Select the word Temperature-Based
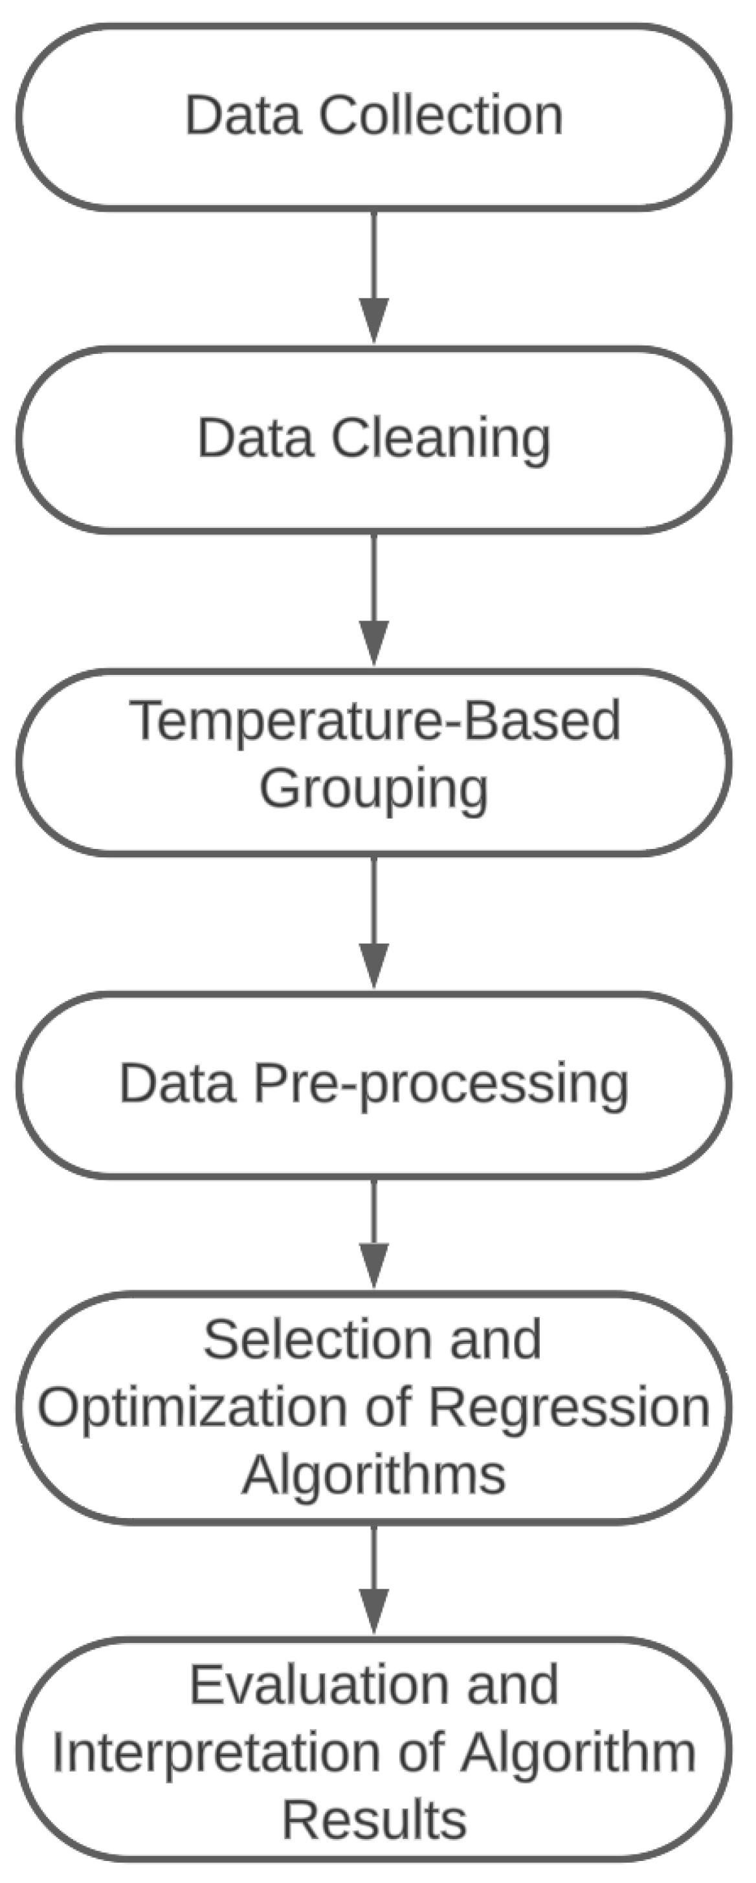[x=375, y=721]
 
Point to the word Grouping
[x=373, y=790]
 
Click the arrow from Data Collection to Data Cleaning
[x=374, y=278]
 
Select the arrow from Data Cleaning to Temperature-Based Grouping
[x=374, y=601]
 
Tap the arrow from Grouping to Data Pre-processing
[x=374, y=923]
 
